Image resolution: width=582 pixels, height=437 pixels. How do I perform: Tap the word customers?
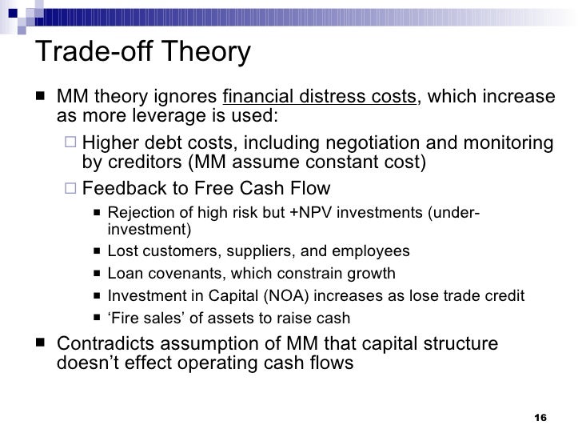pos(170,251)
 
